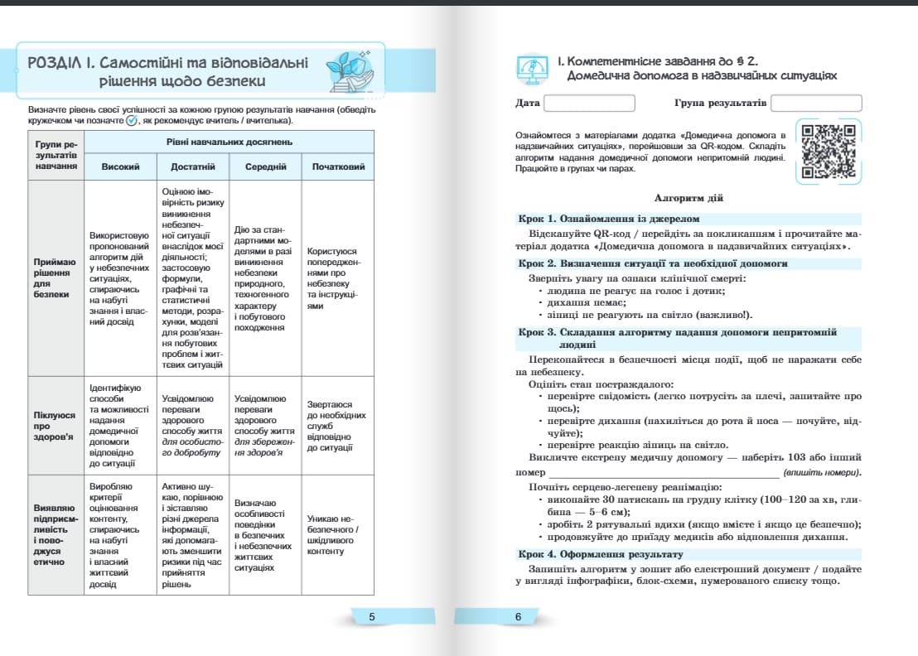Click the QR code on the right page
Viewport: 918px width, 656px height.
(x=828, y=150)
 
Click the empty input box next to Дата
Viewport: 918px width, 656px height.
(x=589, y=104)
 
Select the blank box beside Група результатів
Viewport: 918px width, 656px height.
(x=816, y=104)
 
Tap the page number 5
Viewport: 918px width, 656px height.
(x=372, y=616)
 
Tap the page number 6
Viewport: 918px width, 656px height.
(x=518, y=616)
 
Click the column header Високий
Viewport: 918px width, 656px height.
(x=120, y=166)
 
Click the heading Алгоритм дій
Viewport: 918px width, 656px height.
(x=688, y=199)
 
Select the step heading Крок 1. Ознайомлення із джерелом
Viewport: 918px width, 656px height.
(x=609, y=219)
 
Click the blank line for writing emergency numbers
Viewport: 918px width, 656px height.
(x=663, y=472)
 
